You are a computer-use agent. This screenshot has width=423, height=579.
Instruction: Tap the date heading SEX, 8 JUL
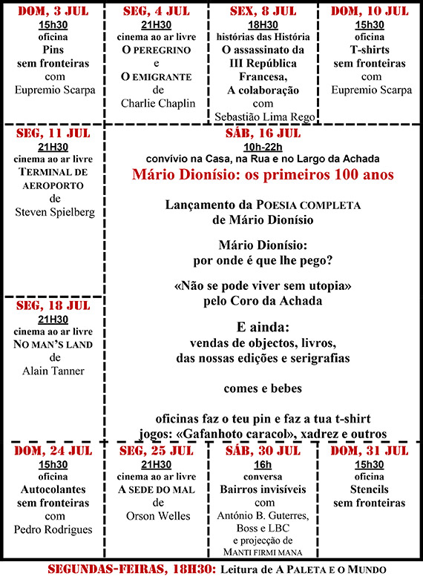click(x=264, y=10)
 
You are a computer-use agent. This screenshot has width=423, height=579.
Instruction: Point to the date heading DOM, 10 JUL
click(x=370, y=10)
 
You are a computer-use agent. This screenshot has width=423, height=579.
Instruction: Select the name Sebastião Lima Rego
click(x=264, y=117)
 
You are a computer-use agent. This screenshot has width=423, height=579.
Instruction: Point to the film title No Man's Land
click(x=53, y=344)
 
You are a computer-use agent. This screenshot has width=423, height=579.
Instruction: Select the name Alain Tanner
click(x=53, y=371)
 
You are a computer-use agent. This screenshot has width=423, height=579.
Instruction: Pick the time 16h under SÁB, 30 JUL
click(x=264, y=463)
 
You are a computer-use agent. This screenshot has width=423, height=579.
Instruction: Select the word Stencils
click(x=370, y=489)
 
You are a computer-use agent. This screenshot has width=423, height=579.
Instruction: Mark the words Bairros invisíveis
click(x=264, y=489)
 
